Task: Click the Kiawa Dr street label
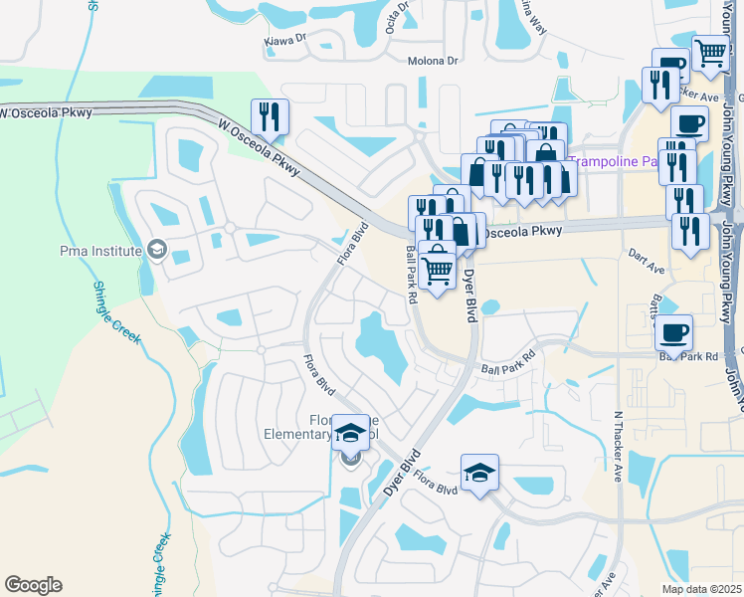[286, 40]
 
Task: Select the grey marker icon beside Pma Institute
[155, 248]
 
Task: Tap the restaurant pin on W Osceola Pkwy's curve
[270, 117]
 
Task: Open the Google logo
[33, 585]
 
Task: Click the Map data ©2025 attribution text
[700, 589]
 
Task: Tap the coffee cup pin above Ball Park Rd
[674, 332]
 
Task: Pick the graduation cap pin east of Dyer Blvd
[479, 473]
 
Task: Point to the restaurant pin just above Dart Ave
[689, 231]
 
